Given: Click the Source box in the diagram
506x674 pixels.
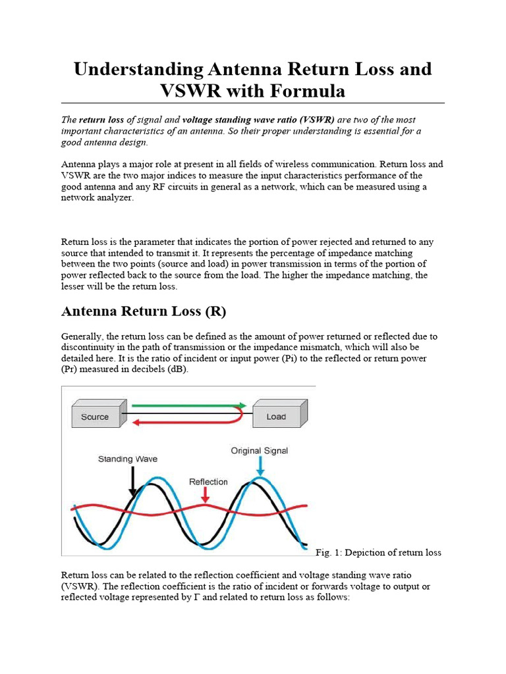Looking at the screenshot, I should (x=95, y=417).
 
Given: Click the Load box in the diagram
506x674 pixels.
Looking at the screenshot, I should (x=277, y=416).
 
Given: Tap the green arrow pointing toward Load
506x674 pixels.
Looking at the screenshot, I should (x=188, y=405).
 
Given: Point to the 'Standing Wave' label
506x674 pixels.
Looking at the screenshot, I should (x=128, y=459).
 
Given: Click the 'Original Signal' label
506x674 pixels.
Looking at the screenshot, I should (x=259, y=451).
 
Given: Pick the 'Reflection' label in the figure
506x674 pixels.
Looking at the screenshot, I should (x=208, y=482).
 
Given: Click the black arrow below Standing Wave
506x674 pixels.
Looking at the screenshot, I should (x=133, y=480).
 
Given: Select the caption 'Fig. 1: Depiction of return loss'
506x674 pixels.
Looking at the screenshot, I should (x=379, y=552).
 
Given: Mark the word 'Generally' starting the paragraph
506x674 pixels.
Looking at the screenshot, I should (x=82, y=336).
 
